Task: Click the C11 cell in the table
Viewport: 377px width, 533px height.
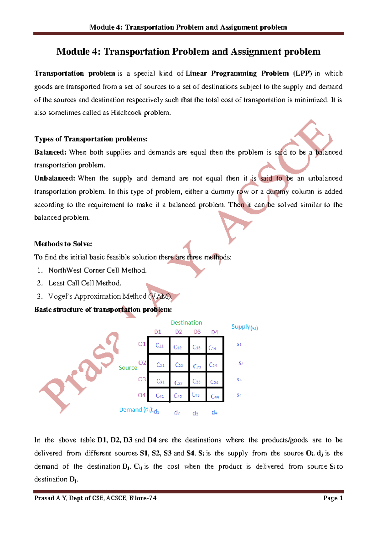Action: (x=159, y=345)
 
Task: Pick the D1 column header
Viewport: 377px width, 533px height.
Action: (x=158, y=332)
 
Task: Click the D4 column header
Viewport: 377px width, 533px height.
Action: (x=215, y=332)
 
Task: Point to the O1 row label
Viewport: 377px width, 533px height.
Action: (x=142, y=344)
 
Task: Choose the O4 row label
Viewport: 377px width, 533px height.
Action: (x=142, y=395)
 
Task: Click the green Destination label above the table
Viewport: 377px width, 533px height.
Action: (x=186, y=322)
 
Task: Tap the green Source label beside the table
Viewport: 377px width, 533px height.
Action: (x=128, y=367)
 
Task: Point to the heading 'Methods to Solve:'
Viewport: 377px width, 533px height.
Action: (x=63, y=244)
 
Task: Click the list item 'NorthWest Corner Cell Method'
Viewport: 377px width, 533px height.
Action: (x=97, y=270)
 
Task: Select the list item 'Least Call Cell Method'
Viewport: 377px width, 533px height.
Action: (x=85, y=283)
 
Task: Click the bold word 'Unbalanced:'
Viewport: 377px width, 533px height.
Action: (x=55, y=178)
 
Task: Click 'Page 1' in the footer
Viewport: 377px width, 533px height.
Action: (x=333, y=498)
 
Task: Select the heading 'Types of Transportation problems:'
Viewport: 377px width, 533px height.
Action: (x=91, y=139)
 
